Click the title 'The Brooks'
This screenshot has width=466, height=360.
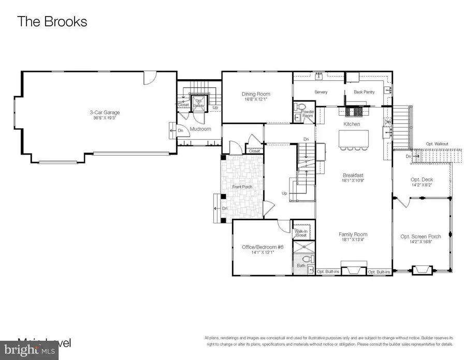pos(52,22)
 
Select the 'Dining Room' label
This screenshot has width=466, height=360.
pos(256,94)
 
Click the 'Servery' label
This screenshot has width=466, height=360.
pos(321,92)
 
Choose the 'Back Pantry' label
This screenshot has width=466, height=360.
pos(364,92)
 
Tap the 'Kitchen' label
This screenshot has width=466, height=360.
pos(352,124)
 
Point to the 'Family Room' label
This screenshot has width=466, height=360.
pos(353,234)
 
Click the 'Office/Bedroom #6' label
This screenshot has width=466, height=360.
pos(263,247)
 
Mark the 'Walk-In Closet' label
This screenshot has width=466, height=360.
pos(301,233)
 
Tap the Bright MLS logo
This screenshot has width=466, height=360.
pos(37,351)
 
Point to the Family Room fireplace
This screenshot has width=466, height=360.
pos(353,270)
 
